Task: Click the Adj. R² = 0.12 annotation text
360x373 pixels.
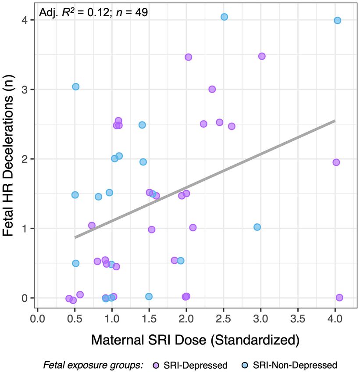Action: [93, 12]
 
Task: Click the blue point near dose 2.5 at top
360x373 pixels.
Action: [224, 17]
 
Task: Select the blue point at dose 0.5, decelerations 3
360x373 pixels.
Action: [75, 86]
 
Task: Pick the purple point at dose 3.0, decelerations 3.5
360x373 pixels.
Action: [262, 56]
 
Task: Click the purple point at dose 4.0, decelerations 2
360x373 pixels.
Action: [336, 162]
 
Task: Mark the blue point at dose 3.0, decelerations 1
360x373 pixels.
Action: [257, 227]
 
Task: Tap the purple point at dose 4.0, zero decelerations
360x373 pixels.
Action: [339, 297]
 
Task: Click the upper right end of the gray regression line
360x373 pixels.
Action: [335, 121]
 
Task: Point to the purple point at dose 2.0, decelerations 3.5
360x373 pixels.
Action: [189, 57]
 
